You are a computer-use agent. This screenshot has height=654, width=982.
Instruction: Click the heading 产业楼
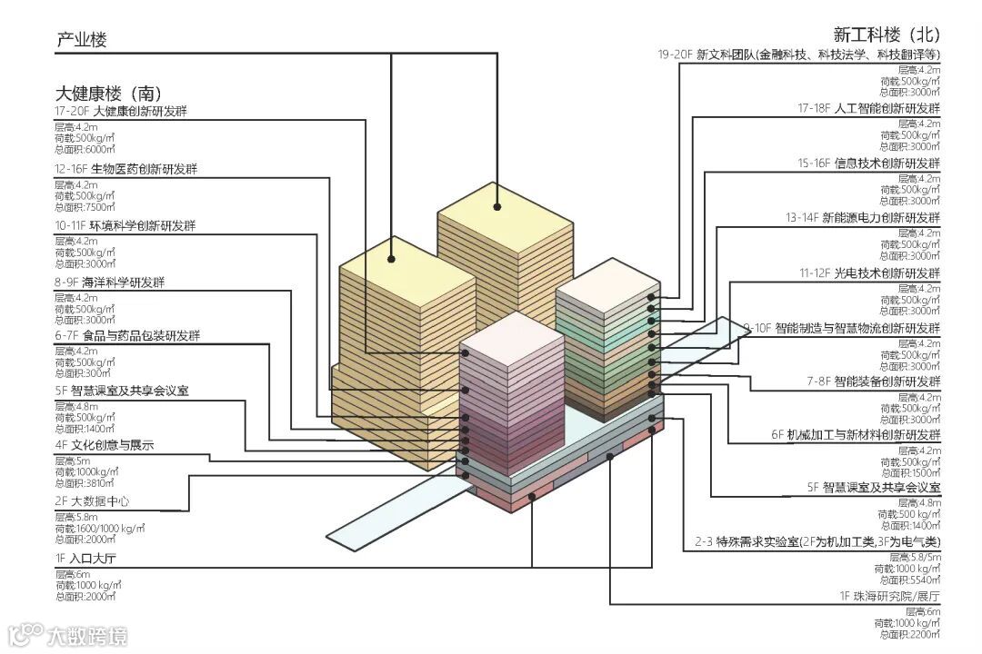pos(82,40)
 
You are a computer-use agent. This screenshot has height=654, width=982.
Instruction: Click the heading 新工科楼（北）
pos(886,35)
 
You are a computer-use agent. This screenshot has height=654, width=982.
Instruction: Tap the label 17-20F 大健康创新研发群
pos(127,112)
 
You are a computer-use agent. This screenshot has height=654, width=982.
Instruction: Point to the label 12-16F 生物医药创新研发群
pos(127,169)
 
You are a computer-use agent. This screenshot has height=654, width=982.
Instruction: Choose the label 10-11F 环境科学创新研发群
pos(127,225)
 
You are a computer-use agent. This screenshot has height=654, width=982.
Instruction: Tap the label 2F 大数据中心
pos(92,500)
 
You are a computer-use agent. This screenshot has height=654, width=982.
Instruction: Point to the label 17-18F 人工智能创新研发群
pos(869,108)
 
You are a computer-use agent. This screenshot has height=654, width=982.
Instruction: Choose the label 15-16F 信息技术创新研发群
pos(869,163)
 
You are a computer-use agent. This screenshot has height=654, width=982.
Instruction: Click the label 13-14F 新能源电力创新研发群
pos(863,218)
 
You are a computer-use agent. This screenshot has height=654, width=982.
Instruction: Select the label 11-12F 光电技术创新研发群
pos(869,273)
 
